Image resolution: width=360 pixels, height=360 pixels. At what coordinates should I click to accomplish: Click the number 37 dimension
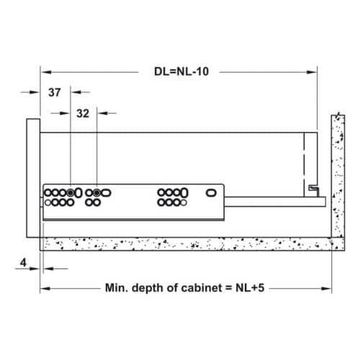(55, 92)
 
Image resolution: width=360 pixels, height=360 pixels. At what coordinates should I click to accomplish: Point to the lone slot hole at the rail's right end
(212, 193)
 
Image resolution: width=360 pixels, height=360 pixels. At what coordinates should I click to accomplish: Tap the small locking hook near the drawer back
(312, 188)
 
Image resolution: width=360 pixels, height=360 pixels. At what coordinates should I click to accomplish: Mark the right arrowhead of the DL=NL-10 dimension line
(313, 72)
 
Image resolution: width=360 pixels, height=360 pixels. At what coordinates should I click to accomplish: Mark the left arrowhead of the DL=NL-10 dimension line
(45, 72)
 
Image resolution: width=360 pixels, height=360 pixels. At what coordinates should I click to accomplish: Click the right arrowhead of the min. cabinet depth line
(328, 288)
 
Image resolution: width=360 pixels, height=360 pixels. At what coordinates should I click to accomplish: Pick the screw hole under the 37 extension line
(70, 193)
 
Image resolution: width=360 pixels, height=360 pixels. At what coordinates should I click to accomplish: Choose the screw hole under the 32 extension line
(96, 193)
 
